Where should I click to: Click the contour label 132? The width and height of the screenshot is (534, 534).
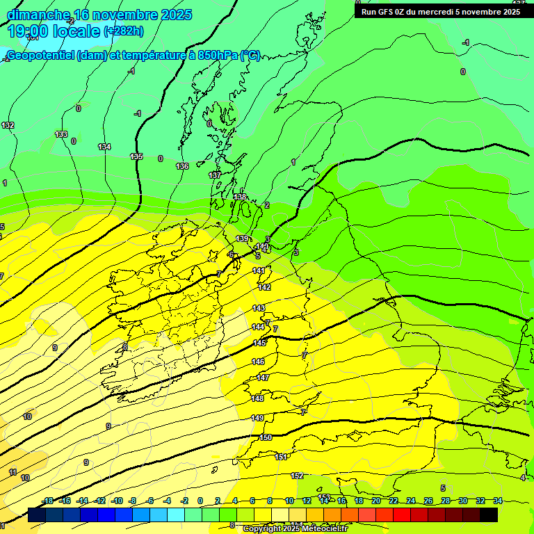(8, 125)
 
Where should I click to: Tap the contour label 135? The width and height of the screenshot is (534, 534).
(136, 156)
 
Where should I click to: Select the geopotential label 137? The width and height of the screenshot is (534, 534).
(215, 175)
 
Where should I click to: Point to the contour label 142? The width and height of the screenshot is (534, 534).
(264, 287)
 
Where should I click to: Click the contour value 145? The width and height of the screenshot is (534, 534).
(259, 343)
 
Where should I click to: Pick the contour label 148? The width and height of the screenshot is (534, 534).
(257, 398)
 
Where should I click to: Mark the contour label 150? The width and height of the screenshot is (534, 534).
(266, 437)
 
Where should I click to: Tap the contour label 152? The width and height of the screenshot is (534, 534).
(297, 476)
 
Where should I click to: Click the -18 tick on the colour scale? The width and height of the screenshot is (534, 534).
(47, 501)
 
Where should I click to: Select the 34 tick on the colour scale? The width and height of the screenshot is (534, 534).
(498, 501)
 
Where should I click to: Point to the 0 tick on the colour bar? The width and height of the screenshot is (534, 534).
(200, 501)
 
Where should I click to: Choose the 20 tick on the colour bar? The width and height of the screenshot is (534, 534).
(375, 501)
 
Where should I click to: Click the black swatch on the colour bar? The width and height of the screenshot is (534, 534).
(489, 515)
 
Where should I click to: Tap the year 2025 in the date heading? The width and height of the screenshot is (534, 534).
(177, 15)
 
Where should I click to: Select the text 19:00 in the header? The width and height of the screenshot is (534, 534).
(29, 31)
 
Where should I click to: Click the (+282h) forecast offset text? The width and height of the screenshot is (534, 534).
(124, 31)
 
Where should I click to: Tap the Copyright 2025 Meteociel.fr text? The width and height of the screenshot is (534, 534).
(295, 529)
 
